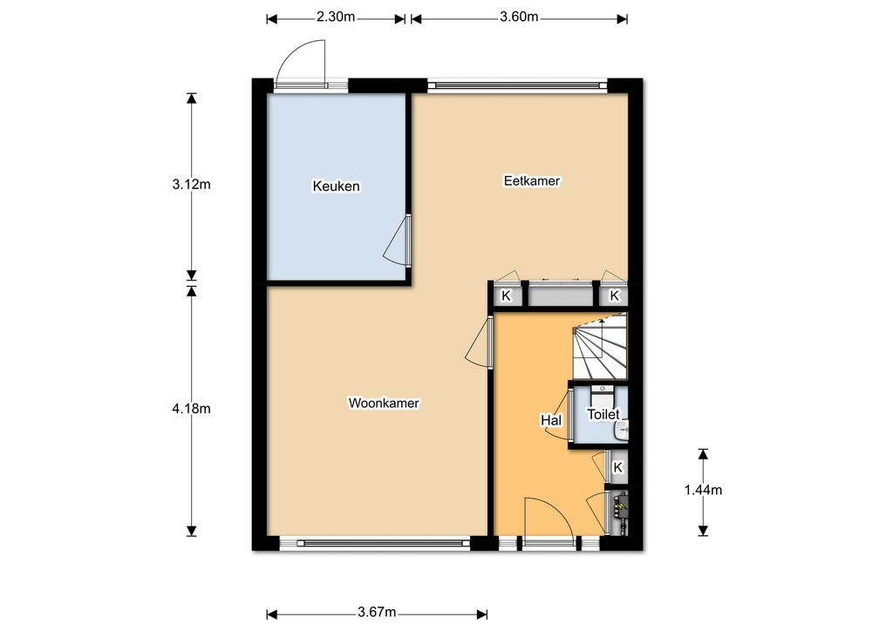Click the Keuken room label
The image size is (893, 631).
[336, 186]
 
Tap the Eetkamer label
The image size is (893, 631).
[532, 180]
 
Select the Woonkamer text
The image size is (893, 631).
[384, 403]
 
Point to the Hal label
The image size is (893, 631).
[551, 420]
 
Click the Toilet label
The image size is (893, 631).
[603, 414]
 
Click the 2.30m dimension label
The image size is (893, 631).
[336, 17]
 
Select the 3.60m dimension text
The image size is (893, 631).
[519, 17]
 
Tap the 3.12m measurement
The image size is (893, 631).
[191, 185]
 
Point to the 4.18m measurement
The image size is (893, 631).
[191, 409]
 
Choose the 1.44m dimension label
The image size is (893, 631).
[704, 490]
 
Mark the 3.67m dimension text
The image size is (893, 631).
[377, 612]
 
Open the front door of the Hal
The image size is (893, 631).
[549, 517]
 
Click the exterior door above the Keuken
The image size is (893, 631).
[301, 63]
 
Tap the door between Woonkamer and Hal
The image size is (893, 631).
[479, 343]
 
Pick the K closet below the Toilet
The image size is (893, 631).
[618, 468]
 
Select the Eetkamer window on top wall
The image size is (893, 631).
[517, 85]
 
